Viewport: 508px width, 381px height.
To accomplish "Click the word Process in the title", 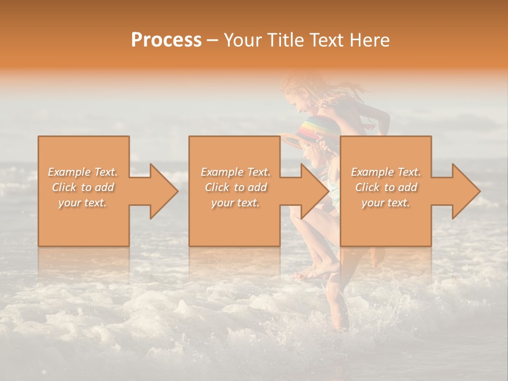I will tap(166, 40).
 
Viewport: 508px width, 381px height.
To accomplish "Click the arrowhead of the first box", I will tap(164, 191).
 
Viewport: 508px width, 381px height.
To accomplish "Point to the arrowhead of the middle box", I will tap(314, 191).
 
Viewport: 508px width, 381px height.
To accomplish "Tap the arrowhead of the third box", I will tap(466, 191).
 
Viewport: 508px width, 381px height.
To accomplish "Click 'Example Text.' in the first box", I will tap(83, 172).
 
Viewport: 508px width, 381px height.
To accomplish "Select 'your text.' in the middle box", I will tap(235, 203).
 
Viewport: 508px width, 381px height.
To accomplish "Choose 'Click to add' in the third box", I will tap(385, 187).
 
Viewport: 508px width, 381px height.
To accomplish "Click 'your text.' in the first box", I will tap(83, 203).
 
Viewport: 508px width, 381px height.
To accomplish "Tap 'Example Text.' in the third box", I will tap(386, 172).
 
